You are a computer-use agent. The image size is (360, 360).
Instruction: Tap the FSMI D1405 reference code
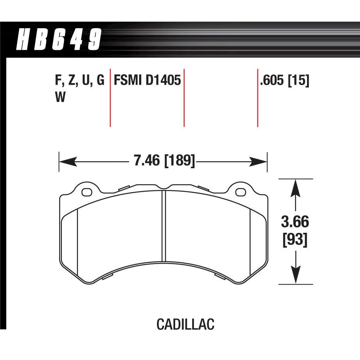(x=147, y=81)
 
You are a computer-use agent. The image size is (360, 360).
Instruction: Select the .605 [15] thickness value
(x=285, y=81)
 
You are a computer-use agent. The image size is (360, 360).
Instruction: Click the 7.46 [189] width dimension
(x=164, y=160)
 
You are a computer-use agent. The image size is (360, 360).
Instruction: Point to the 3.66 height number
(x=295, y=223)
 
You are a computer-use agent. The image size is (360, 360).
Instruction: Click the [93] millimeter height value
(x=295, y=241)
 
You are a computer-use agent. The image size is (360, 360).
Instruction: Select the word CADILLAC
(x=185, y=324)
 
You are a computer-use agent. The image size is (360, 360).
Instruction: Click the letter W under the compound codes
(x=60, y=97)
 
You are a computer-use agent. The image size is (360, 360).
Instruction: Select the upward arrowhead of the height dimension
(x=296, y=188)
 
